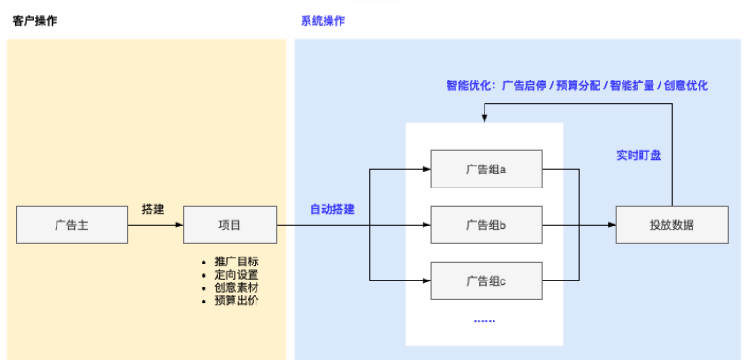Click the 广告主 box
pyautogui.click(x=72, y=226)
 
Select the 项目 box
pyautogui.click(x=230, y=226)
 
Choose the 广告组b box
pyautogui.click(x=485, y=226)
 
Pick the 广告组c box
pyautogui.click(x=485, y=281)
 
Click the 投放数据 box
pyautogui.click(x=671, y=226)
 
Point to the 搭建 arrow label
pyautogui.click(x=153, y=210)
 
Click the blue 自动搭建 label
pyautogui.click(x=332, y=210)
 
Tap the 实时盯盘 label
pyautogui.click(x=638, y=155)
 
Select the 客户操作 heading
pyautogui.click(x=35, y=20)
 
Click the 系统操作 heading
pyautogui.click(x=325, y=20)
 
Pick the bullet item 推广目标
pyautogui.click(x=236, y=262)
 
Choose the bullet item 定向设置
pyautogui.click(x=236, y=275)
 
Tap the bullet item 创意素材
pyautogui.click(x=236, y=287)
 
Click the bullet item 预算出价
pyautogui.click(x=236, y=301)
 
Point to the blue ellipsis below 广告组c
pyautogui.click(x=485, y=319)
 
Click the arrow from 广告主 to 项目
pyautogui.click(x=155, y=226)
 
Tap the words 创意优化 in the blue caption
pyautogui.click(x=686, y=87)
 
